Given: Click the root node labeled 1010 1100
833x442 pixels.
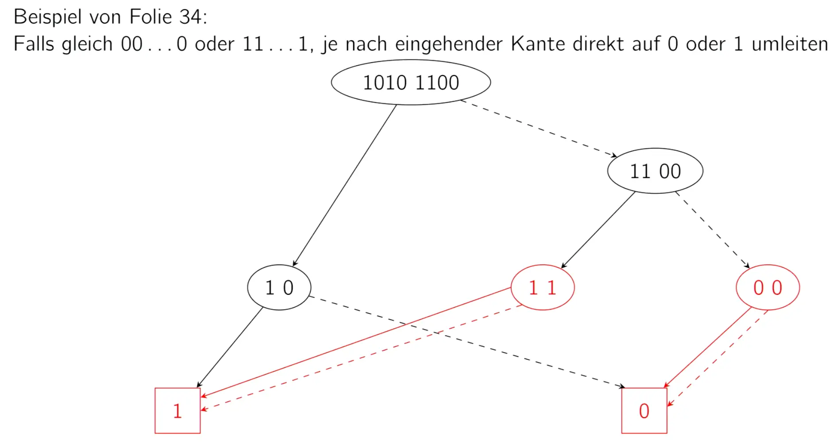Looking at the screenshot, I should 411,82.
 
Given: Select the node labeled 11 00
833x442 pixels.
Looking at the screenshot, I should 655,171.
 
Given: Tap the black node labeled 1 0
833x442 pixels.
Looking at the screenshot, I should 279,288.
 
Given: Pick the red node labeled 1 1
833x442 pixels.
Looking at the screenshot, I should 543,288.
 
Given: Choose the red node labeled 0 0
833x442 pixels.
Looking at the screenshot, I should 767,288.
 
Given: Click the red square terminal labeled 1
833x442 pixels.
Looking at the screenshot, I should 177,411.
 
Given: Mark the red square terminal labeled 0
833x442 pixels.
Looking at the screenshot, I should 644,411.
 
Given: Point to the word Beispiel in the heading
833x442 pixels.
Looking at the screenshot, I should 47,17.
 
